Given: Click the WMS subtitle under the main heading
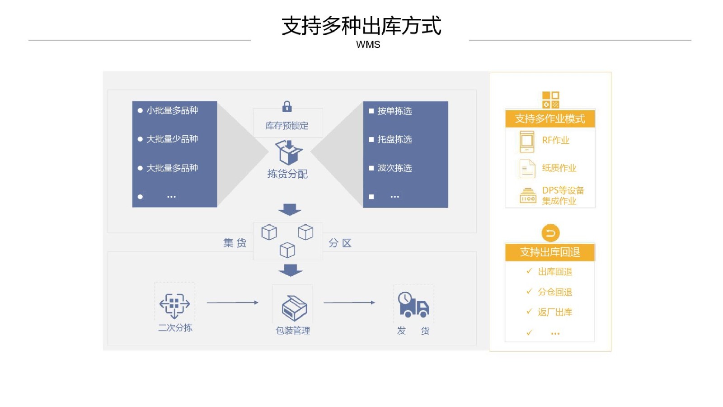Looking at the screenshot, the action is [x=368, y=45].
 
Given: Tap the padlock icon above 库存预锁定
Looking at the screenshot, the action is [x=287, y=107].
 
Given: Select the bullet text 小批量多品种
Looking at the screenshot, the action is [x=172, y=110].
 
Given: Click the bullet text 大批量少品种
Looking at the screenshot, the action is [x=172, y=139].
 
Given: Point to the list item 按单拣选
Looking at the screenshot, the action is [x=395, y=111].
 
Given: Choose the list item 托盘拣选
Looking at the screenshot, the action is [x=395, y=139].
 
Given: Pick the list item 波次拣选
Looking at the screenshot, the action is [x=395, y=168].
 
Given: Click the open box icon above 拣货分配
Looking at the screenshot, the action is [x=289, y=152].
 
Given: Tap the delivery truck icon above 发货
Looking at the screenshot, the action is [x=413, y=305].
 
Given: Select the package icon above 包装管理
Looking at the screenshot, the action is [x=294, y=308].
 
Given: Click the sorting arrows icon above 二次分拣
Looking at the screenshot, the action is [x=174, y=306].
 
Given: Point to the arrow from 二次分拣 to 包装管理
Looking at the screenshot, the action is [x=233, y=303].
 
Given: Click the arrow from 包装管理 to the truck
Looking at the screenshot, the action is [x=350, y=303].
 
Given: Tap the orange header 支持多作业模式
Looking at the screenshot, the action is [x=550, y=118].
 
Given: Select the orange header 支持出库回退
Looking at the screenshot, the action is [x=550, y=252].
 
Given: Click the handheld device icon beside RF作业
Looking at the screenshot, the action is [x=527, y=142].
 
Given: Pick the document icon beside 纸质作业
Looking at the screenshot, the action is [x=527, y=169].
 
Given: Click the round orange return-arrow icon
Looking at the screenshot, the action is [x=551, y=233].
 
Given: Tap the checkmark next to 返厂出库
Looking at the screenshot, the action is [x=529, y=312].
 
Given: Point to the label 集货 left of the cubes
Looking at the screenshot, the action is [x=235, y=243].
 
